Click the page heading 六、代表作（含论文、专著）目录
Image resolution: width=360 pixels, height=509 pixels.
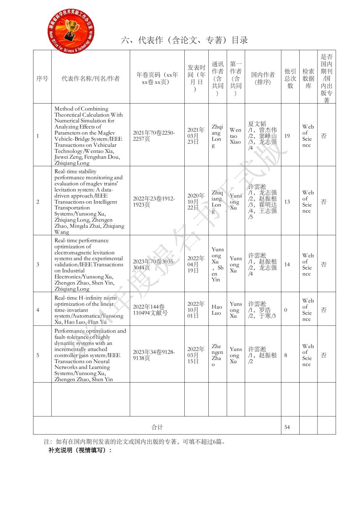point(184,40)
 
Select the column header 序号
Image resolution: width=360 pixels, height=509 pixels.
point(42,78)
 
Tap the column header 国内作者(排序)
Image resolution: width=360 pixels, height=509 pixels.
point(263,78)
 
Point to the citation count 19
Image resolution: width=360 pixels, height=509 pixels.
point(287,136)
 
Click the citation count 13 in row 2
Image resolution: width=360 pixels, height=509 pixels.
point(287,202)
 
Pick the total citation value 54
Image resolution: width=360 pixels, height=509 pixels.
point(287,427)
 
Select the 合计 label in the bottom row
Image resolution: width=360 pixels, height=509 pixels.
point(157,427)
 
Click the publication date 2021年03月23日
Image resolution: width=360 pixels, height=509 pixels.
point(196,136)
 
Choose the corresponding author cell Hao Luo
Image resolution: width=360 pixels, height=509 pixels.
point(217,310)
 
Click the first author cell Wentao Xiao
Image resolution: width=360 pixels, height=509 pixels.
point(235,136)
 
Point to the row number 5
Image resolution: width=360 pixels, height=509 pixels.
point(38,355)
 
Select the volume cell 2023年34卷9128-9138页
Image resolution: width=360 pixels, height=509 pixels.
point(154,355)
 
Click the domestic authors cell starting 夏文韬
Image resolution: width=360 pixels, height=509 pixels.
point(263,136)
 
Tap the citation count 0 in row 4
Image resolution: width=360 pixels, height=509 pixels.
point(285,310)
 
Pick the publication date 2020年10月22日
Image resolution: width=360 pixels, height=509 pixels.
point(196,202)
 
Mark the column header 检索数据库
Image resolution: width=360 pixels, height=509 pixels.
point(308,78)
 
